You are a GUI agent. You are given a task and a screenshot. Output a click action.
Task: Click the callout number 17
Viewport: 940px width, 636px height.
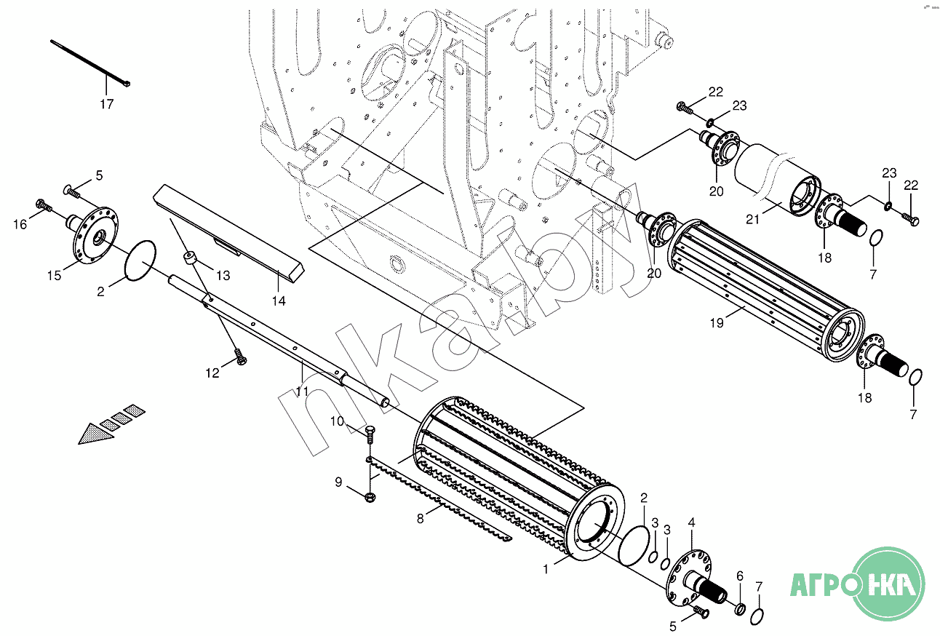pyautogui.click(x=107, y=103)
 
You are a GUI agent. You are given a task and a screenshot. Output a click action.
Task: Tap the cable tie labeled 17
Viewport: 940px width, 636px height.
pyautogui.click(x=89, y=63)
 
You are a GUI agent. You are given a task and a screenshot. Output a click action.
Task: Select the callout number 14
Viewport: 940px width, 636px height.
pyautogui.click(x=279, y=301)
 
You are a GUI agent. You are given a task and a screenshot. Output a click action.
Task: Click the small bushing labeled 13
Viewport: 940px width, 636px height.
pyautogui.click(x=190, y=258)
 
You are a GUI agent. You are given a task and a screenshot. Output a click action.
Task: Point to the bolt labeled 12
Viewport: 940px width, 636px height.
pyautogui.click(x=241, y=357)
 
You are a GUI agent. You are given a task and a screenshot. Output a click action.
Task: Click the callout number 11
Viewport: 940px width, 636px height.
pyautogui.click(x=302, y=391)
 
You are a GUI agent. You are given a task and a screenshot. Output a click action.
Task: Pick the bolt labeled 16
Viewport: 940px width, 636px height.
pyautogui.click(x=44, y=206)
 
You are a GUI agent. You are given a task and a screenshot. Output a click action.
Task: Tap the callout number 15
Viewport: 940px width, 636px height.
pyautogui.click(x=54, y=275)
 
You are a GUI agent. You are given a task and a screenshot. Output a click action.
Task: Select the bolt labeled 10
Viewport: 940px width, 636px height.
pyautogui.click(x=370, y=434)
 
